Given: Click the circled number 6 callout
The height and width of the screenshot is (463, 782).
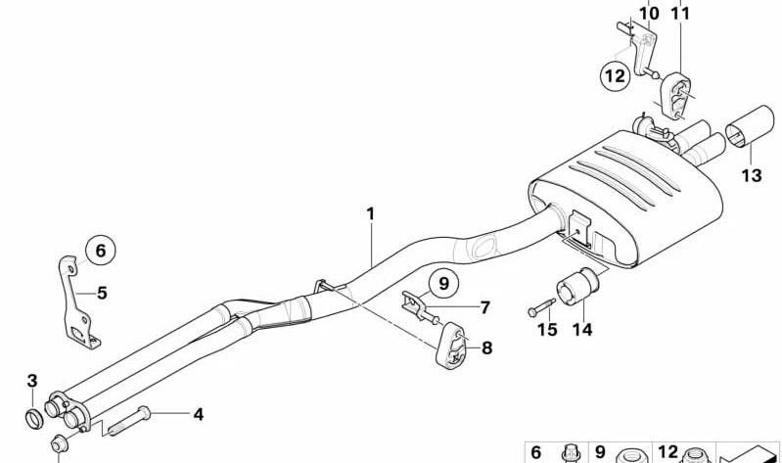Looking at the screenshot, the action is point(100,250).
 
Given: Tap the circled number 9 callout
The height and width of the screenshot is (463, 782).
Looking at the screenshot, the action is point(443,284).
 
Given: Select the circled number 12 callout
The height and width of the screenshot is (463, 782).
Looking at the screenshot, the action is point(615,75).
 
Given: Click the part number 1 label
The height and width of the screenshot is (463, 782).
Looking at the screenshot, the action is point(370,214).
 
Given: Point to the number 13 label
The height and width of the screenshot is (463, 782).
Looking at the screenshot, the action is point(752,175).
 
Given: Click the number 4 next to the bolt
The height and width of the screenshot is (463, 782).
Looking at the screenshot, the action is point(199,414).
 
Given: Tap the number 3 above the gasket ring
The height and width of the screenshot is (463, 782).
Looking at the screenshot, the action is point(32,381).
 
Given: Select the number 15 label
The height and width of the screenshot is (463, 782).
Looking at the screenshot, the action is point(547,330).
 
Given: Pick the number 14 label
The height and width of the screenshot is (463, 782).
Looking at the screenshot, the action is point(581,330).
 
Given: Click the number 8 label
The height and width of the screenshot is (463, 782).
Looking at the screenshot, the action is point(486,347).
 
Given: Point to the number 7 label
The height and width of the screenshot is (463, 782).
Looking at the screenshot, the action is point(485,307).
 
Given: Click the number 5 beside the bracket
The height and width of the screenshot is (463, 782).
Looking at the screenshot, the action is point(102,293).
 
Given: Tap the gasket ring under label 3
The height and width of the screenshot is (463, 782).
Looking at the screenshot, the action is point(34,419).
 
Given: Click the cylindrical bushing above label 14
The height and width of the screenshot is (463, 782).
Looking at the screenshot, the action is point(577,287).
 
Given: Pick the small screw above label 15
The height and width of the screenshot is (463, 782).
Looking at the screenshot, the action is point(541,306).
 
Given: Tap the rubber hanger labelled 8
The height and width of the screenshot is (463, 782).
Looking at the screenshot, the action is point(451,346).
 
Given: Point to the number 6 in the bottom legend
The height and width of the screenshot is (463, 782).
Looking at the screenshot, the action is point(535,452).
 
